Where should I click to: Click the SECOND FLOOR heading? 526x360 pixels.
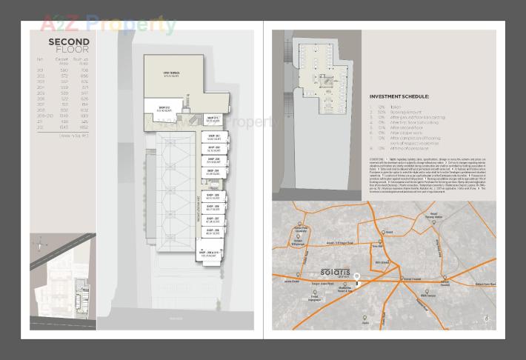[69, 45]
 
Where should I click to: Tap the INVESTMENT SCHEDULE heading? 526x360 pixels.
[399, 96]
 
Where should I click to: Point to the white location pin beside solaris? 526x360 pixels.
[357, 279]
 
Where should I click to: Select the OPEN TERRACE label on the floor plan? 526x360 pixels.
[172, 74]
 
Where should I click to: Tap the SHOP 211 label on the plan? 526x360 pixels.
[212, 119]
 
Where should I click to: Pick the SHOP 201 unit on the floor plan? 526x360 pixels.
[214, 137]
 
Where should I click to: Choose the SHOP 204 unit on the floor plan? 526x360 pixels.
[213, 172]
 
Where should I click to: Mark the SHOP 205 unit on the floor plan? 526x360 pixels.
[213, 196]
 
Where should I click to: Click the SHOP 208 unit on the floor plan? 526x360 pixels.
[213, 231]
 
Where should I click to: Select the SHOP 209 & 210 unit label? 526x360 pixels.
[210, 253]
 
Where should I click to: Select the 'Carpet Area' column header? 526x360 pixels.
[61, 59]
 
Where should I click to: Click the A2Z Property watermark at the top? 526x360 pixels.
[107, 24]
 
